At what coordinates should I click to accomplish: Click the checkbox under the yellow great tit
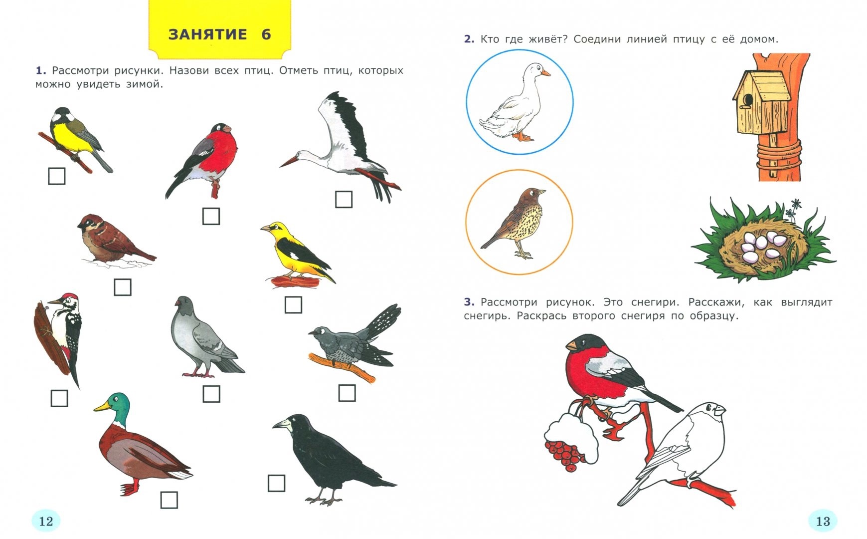[x=56, y=176]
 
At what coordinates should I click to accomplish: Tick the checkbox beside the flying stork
[x=344, y=199]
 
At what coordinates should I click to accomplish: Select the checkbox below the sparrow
[x=123, y=287]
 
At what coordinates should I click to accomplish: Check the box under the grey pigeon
[x=211, y=394]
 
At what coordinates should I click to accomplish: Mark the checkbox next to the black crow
[x=277, y=483]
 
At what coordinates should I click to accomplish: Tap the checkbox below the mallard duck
[x=169, y=500]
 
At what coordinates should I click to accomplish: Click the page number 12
[x=46, y=522]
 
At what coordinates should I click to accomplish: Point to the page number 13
[x=823, y=522]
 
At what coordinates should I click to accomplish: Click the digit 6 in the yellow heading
[x=266, y=34]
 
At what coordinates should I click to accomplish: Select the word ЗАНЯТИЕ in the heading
[x=208, y=34]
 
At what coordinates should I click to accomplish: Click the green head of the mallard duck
[x=118, y=402]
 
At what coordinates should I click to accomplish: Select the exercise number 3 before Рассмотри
[x=468, y=302]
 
